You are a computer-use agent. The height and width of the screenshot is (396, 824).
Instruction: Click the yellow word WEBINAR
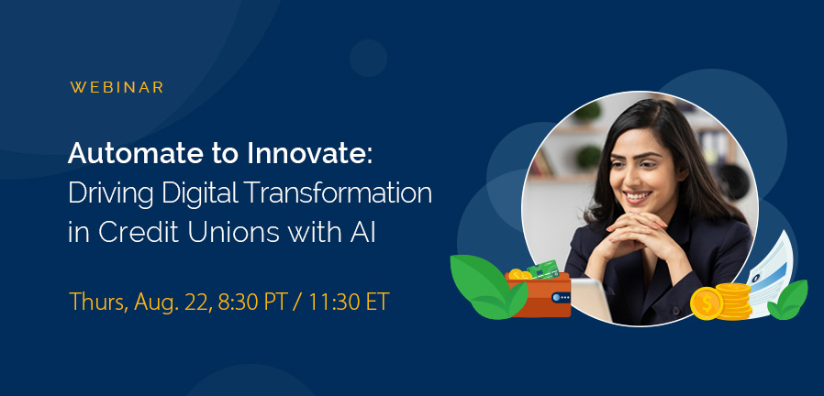[x=117, y=88]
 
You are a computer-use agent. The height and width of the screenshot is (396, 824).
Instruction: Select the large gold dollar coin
[x=706, y=304]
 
